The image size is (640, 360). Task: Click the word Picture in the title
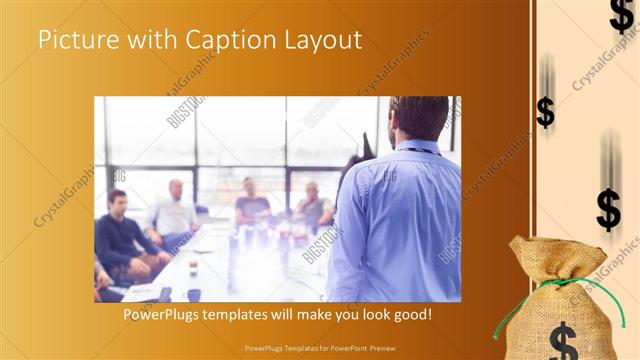[x=75, y=41]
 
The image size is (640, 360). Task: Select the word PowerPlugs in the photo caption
[x=162, y=314]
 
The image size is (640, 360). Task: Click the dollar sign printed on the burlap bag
[x=563, y=339]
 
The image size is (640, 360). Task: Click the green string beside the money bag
[x=501, y=320]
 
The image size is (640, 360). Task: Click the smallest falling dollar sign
[x=545, y=111]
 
